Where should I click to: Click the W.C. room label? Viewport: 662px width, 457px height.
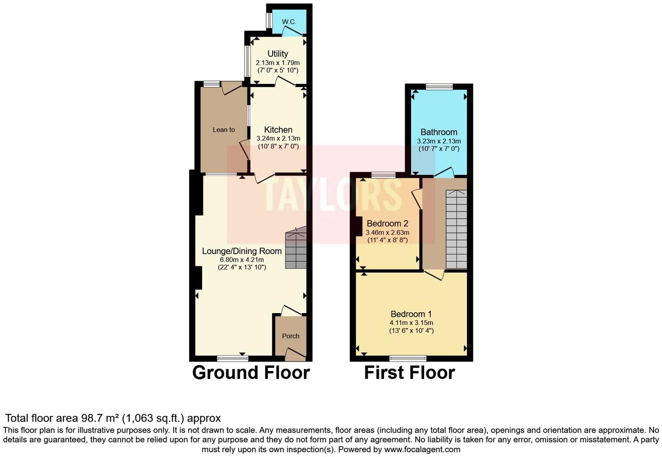click(x=289, y=22)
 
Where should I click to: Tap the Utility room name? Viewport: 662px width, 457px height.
click(x=277, y=54)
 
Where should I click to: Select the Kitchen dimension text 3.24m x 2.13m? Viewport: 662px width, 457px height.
click(x=278, y=139)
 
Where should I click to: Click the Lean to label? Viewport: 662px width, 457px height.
click(x=223, y=130)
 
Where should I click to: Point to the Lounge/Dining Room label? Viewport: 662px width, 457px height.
click(x=242, y=251)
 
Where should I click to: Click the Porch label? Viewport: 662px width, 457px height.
click(x=290, y=336)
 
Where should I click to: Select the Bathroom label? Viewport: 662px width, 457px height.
click(x=439, y=132)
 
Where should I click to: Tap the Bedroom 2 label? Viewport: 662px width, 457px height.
click(x=387, y=223)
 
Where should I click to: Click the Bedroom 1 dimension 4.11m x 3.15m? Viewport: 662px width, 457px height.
click(x=411, y=323)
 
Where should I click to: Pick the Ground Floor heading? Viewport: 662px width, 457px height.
click(x=251, y=373)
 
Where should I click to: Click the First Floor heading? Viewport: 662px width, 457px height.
click(x=409, y=373)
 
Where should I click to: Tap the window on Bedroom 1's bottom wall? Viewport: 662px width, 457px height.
click(x=408, y=358)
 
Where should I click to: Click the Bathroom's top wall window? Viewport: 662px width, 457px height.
click(x=439, y=87)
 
